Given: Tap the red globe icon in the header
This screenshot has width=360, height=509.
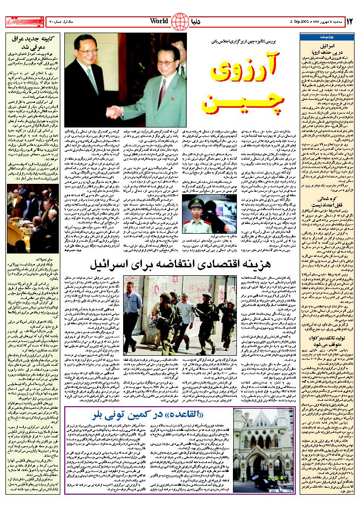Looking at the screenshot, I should point(182,22).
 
